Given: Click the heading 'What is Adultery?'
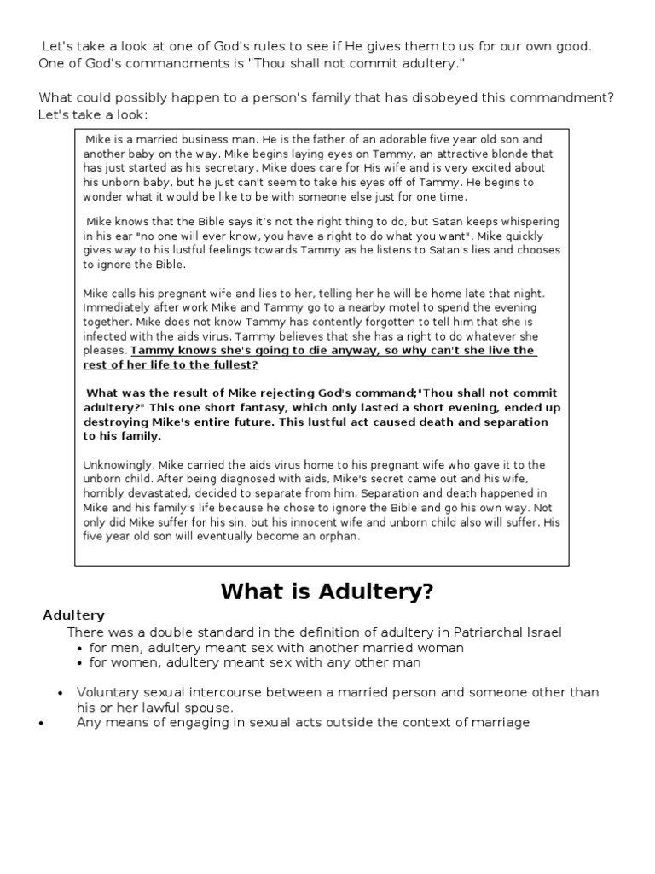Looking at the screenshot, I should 327,591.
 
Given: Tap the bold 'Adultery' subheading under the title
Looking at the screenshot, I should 74,615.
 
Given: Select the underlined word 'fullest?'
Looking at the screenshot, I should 230,365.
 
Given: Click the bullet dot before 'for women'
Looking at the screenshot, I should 80,662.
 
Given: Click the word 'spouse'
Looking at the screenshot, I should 211,708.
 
